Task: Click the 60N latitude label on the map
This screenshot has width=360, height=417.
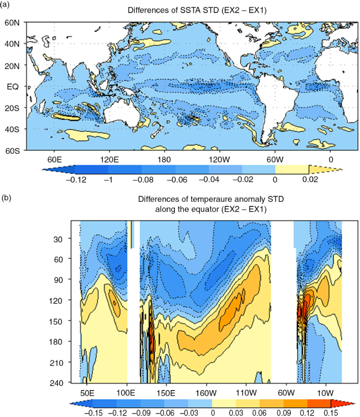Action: [x=12, y=23]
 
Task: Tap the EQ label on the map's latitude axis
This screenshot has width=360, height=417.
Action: [x=13, y=87]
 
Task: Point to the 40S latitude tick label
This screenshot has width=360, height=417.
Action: [x=12, y=129]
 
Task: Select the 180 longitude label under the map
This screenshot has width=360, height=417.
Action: [x=164, y=160]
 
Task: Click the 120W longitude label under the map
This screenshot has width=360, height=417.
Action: [x=219, y=160]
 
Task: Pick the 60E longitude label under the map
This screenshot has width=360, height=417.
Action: [x=54, y=160]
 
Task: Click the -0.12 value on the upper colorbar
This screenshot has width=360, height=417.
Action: [x=76, y=180]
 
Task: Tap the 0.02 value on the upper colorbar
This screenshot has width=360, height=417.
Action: [x=310, y=179]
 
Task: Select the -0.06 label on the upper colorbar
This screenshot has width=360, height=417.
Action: [x=177, y=180]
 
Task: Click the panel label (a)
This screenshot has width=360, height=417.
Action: [x=5, y=4]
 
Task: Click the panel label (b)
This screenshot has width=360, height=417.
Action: [x=6, y=197]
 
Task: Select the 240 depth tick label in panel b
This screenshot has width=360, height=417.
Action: [x=56, y=383]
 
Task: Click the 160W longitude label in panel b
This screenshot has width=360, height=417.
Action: [x=206, y=393]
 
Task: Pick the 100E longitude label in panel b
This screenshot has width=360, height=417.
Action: [x=126, y=393]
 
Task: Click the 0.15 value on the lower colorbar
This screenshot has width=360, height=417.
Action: [x=331, y=413]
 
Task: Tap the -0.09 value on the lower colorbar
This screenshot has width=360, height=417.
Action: [x=141, y=413]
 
